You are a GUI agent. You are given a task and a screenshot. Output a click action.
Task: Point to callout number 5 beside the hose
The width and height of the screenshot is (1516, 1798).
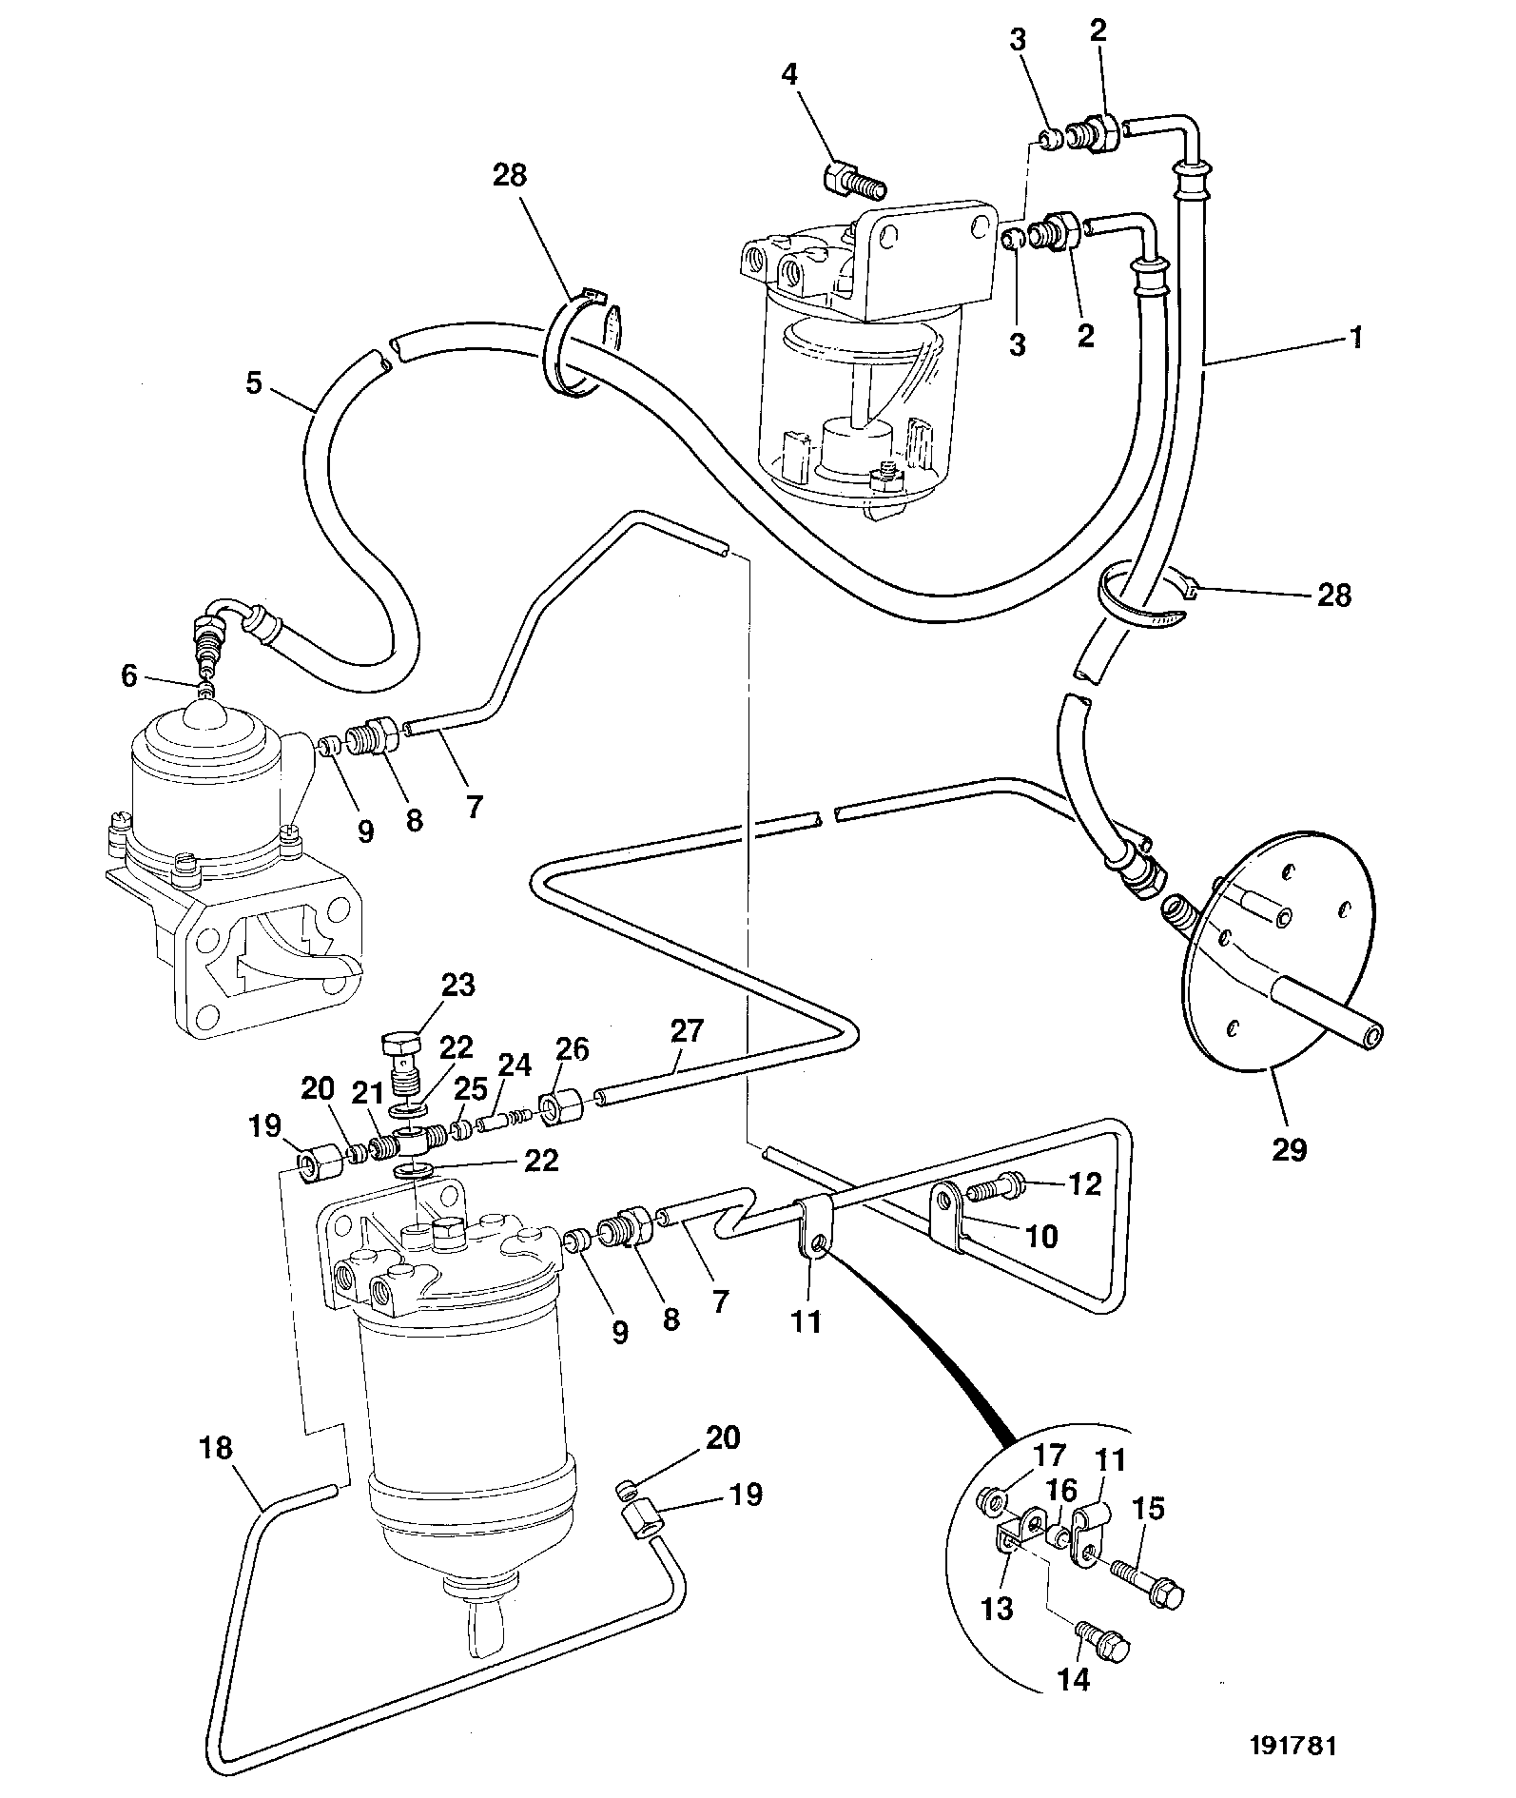253,382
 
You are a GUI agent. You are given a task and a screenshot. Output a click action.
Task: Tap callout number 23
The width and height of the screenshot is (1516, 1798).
457,985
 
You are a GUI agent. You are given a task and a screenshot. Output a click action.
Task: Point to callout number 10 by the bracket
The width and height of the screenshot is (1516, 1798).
1042,1236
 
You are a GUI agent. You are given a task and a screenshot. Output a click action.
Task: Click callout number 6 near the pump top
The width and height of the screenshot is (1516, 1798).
129,676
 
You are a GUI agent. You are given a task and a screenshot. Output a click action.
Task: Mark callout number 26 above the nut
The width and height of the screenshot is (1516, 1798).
573,1049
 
